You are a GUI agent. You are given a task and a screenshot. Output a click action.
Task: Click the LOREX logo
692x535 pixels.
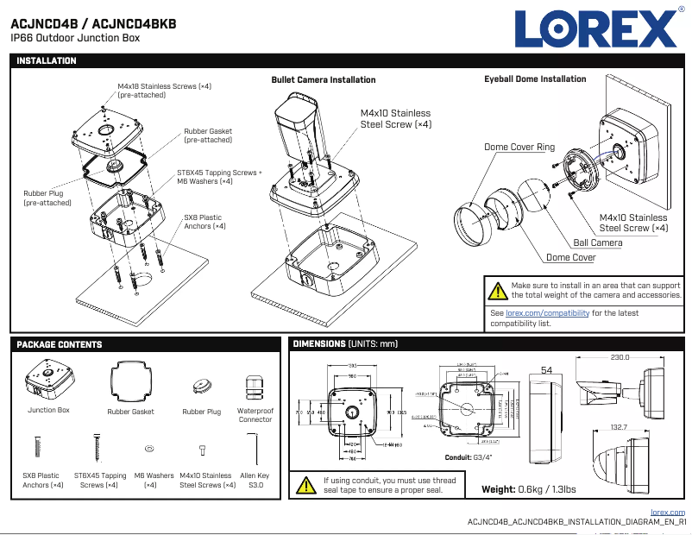(x=596, y=29)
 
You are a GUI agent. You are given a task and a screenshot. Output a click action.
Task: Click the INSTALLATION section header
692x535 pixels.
(x=47, y=61)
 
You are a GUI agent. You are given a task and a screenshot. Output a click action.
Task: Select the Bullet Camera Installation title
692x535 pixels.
(x=324, y=80)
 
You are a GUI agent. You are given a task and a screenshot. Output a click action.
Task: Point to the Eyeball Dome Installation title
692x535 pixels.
(x=535, y=79)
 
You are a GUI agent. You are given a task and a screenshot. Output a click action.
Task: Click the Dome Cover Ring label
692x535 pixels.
(x=519, y=148)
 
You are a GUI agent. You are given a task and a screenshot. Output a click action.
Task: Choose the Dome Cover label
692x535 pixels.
(x=570, y=258)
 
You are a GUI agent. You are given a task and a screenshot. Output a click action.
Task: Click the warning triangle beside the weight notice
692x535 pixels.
(x=498, y=291)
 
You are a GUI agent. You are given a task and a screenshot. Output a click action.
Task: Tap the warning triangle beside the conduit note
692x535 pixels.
(x=305, y=486)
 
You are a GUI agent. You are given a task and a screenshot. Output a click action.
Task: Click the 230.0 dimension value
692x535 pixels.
(x=620, y=356)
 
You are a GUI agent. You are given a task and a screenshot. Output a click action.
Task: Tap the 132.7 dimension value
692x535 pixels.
(x=619, y=427)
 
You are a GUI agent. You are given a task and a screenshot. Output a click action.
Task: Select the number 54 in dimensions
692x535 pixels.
(x=546, y=370)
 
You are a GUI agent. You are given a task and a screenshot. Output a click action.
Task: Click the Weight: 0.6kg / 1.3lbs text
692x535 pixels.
(x=528, y=490)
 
